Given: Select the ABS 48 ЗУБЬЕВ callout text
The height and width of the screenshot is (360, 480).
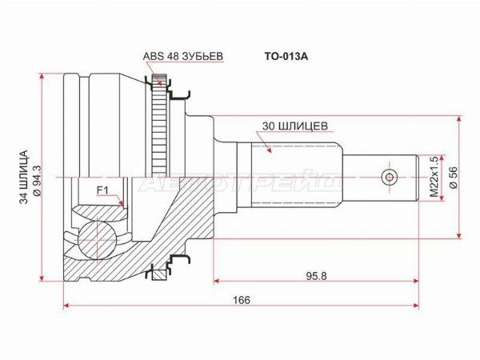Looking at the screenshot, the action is (183, 56).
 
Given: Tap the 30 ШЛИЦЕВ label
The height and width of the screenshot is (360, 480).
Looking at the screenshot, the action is (294, 126).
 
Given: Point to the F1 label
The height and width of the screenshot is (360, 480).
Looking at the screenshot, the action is (102, 190).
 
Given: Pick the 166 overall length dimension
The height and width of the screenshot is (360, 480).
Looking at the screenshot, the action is (242, 300).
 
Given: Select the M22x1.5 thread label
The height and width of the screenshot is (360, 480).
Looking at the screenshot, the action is (434, 178).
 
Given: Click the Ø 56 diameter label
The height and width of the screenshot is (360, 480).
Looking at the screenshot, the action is (454, 178).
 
